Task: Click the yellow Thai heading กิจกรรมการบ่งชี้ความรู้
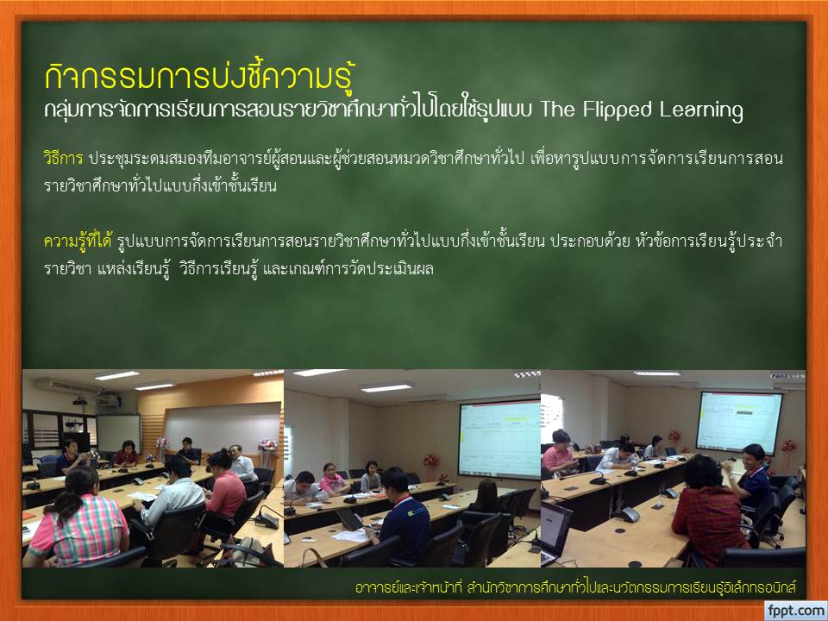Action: click(x=199, y=76)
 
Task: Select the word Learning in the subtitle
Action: click(x=700, y=110)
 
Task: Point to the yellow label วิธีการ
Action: click(x=63, y=158)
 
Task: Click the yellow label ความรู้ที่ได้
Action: click(x=78, y=241)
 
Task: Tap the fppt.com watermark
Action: click(x=796, y=611)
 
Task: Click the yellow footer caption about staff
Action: click(x=575, y=586)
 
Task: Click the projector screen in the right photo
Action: click(x=738, y=421)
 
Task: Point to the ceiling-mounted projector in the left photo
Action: click(x=79, y=401)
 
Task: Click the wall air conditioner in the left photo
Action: click(x=66, y=386)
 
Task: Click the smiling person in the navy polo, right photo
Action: click(x=755, y=477)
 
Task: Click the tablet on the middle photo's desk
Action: click(x=349, y=519)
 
